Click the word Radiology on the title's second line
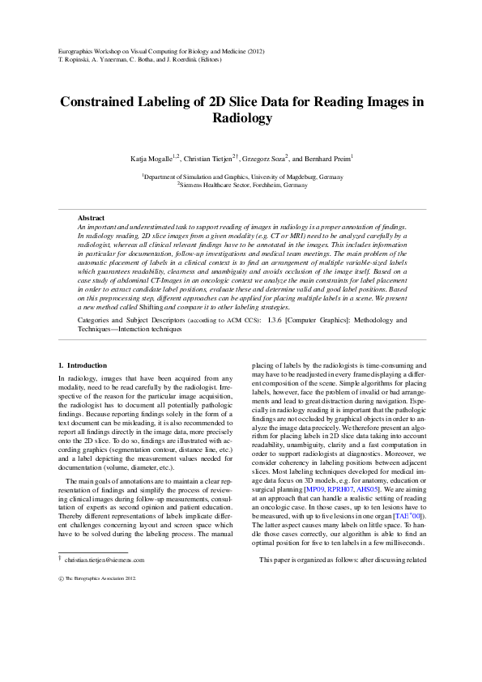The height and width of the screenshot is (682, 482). (241, 118)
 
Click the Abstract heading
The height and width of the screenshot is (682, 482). (91, 219)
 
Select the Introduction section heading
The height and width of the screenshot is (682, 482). (89, 365)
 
